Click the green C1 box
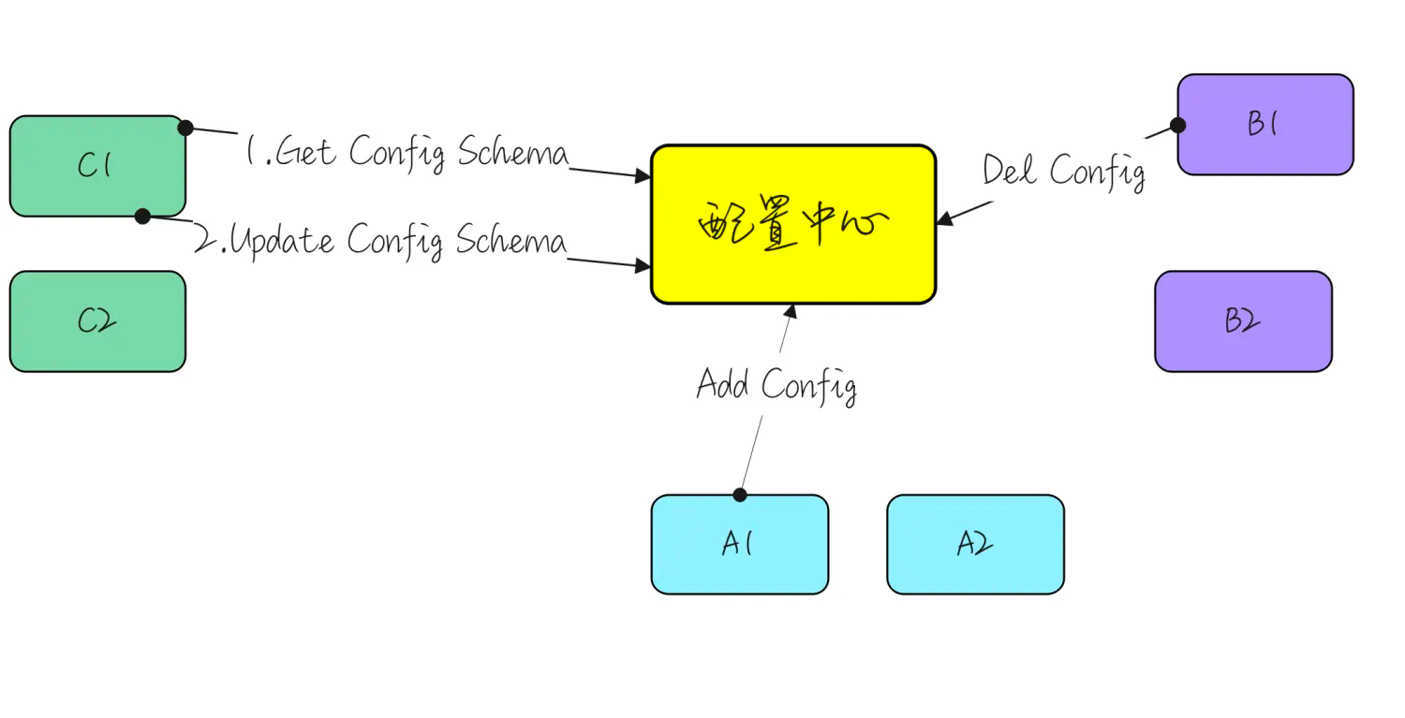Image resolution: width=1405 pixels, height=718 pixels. click(x=97, y=166)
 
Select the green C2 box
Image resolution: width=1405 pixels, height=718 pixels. click(x=97, y=322)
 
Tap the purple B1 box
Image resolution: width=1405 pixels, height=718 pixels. click(x=1264, y=125)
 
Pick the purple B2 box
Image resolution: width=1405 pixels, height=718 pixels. click(x=1242, y=322)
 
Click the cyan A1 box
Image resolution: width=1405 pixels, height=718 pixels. click(x=739, y=545)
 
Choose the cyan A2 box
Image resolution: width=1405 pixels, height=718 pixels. click(x=975, y=545)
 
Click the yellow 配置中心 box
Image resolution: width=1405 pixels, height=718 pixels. click(x=793, y=225)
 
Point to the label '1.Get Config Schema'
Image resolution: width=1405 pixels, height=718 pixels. click(x=407, y=152)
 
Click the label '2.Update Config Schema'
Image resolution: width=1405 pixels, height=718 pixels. click(x=380, y=241)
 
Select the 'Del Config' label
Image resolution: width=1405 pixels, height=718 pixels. click(x=1063, y=172)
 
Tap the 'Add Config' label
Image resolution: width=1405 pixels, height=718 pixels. click(x=776, y=385)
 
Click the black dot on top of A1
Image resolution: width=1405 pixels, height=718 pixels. click(x=740, y=495)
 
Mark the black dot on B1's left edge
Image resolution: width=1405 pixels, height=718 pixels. click(x=1178, y=125)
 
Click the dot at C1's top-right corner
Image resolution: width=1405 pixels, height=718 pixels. click(x=185, y=127)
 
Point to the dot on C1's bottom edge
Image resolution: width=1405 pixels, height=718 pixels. click(x=142, y=217)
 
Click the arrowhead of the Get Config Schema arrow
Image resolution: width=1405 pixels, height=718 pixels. click(x=644, y=175)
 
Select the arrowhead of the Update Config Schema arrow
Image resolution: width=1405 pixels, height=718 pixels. click(x=644, y=267)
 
